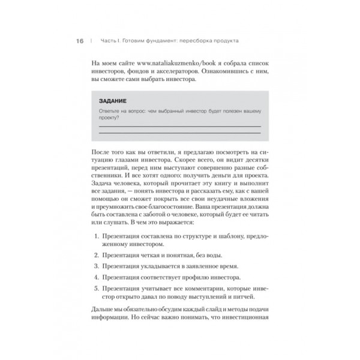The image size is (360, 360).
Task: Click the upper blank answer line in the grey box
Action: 179,126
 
